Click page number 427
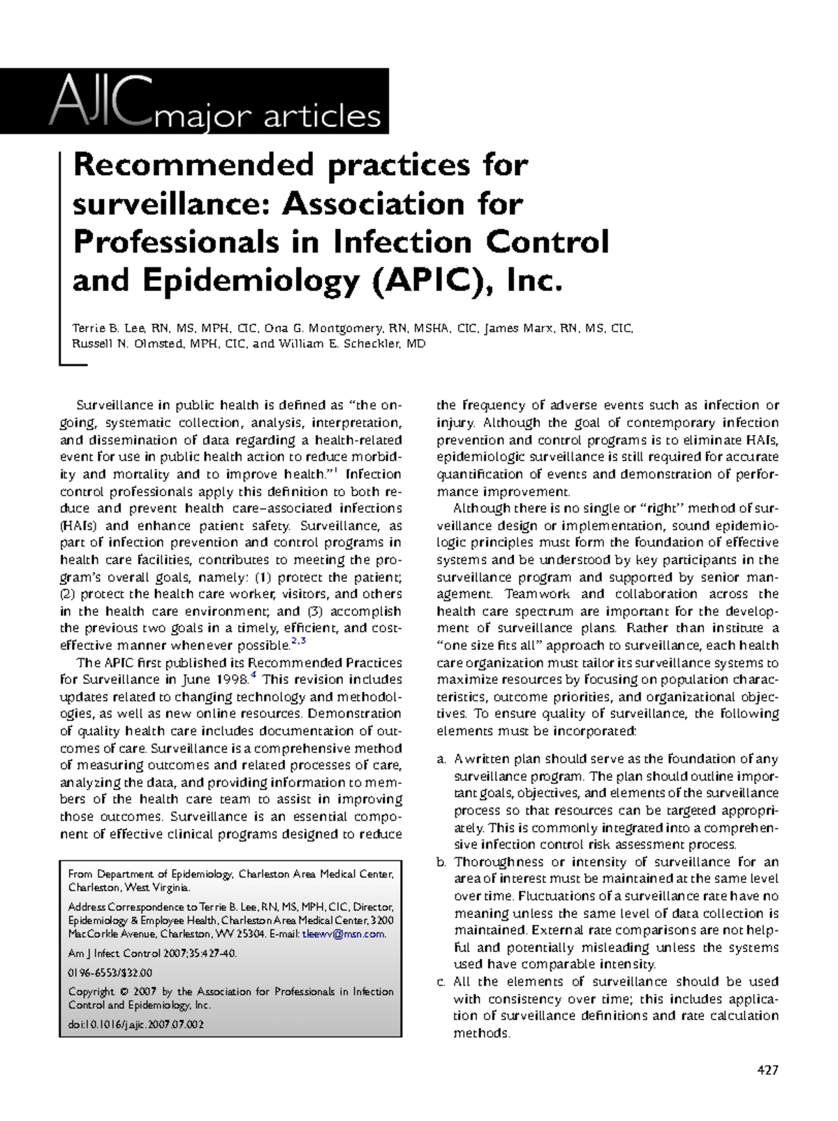click(767, 1070)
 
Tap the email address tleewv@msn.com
click(344, 934)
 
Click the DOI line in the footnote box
click(135, 1025)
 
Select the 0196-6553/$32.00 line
click(110, 972)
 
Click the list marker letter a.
click(441, 759)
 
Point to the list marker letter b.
click(441, 862)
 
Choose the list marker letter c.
click(441, 982)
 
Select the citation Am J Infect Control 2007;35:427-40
click(152, 953)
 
